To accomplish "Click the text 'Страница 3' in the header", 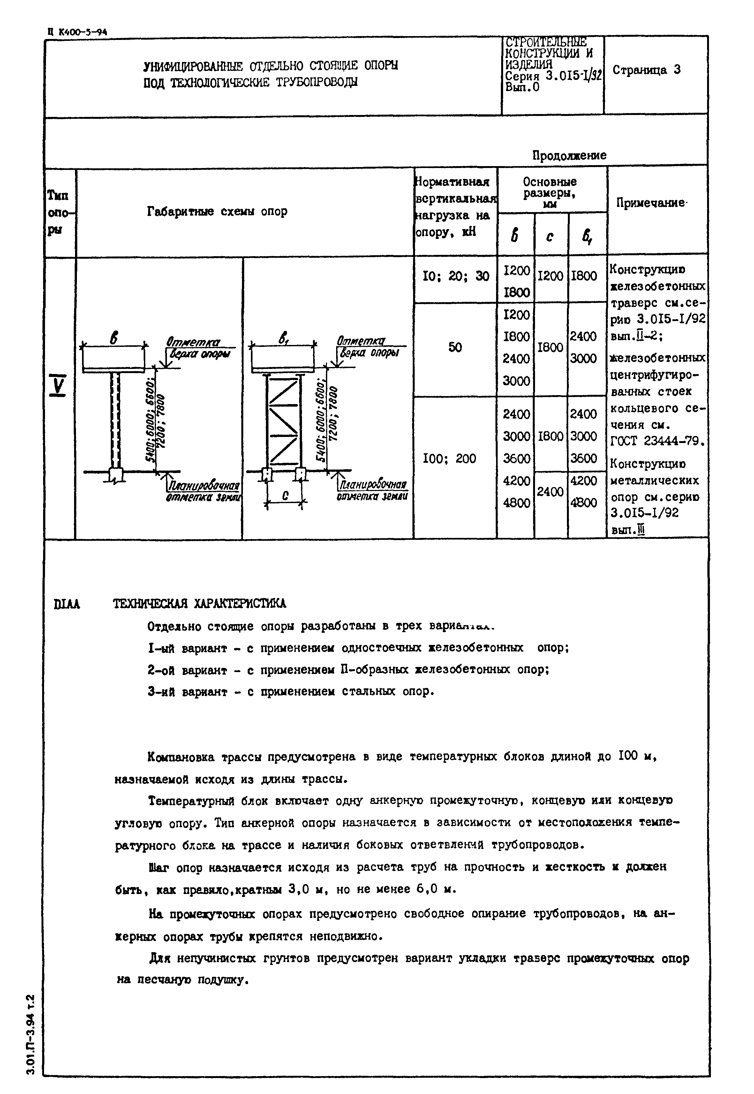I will coord(646,70).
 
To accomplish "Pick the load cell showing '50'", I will coord(455,348).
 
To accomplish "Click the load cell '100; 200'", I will coord(449,458).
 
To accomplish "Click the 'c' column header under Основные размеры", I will coord(550,235).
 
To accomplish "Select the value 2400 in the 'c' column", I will coord(550,492).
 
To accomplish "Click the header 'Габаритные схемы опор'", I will coord(217,211).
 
